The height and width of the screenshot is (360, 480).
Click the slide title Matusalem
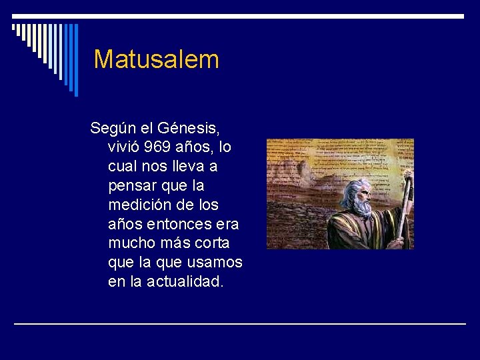156,59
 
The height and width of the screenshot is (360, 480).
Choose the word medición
139,204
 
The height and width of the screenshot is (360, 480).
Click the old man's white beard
361,208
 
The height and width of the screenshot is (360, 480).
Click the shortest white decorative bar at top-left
14,29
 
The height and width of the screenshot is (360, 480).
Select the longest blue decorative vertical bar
75,60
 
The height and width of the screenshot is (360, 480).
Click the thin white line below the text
240,323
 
